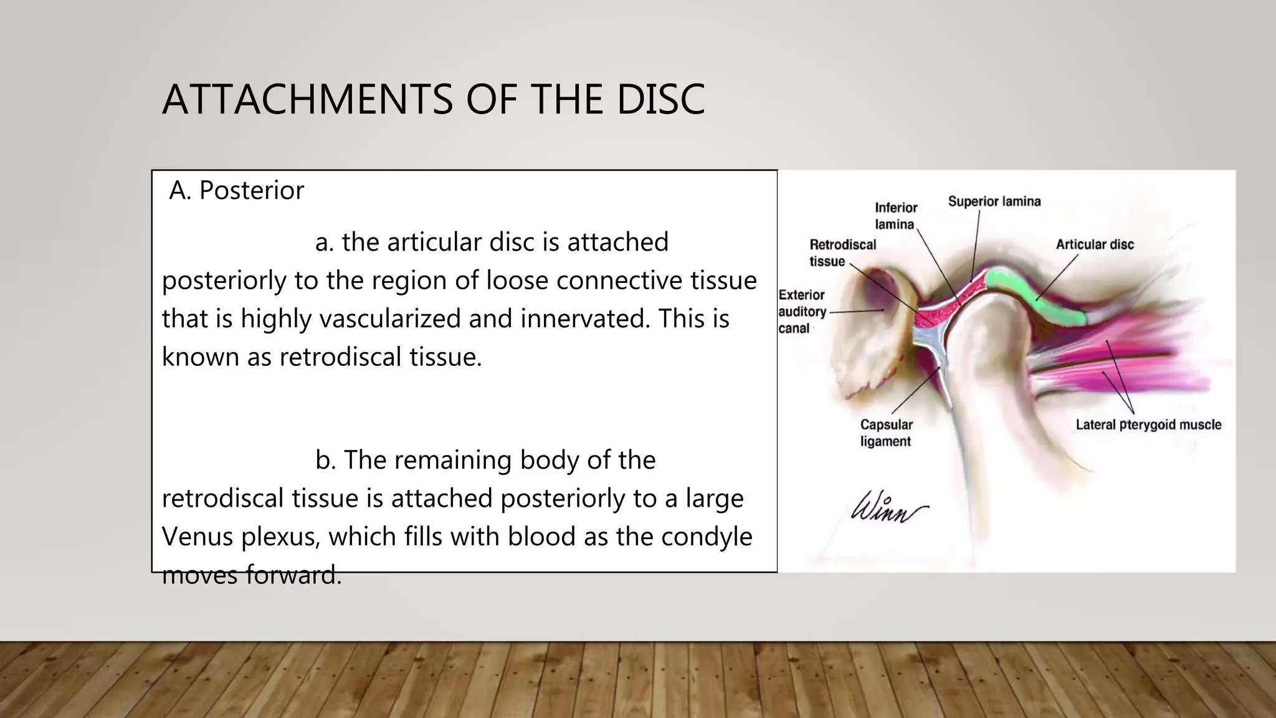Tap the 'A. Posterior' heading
coord(236,191)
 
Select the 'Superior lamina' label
coord(994,201)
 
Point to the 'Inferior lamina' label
coord(896,216)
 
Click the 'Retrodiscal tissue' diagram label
coord(842,252)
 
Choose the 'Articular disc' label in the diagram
coord(1095,244)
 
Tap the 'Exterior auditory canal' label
coord(802,311)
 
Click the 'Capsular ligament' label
coord(886,433)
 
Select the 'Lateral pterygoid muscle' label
coord(1148,424)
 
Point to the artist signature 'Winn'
coord(888,508)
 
